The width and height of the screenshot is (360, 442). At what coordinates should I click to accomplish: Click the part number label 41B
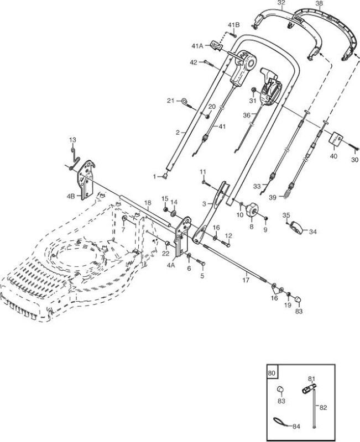[233, 25]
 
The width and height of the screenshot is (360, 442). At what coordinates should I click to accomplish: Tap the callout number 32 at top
[281, 3]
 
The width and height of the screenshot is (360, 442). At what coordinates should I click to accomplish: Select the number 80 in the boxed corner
[272, 373]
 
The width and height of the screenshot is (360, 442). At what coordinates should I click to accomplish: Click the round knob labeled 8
[251, 211]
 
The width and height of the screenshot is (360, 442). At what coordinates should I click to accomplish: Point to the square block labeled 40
[336, 140]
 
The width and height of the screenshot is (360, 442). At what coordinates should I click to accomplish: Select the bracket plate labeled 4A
[182, 236]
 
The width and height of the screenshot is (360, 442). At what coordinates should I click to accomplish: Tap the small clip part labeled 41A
[216, 45]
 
